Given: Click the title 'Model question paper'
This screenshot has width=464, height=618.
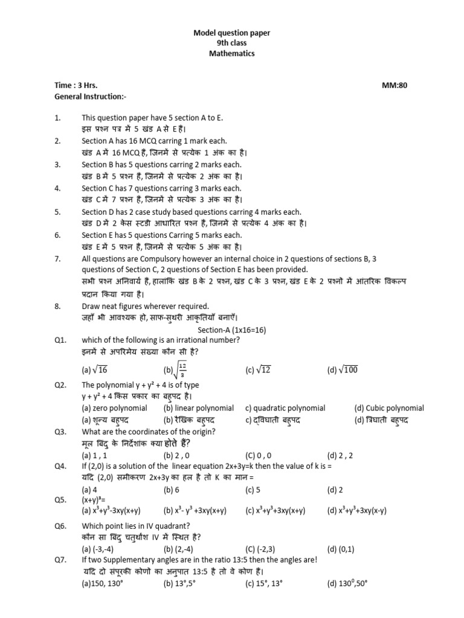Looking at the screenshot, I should [232, 33].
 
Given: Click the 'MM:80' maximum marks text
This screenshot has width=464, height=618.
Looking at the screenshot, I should [395, 86].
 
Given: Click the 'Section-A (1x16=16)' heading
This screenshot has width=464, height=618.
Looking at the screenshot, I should [232, 330].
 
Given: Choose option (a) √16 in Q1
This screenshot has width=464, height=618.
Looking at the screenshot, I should [94, 370].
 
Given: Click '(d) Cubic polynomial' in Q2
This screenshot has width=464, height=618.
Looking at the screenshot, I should [389, 408].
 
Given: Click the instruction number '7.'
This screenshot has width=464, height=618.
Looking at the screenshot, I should [57, 258].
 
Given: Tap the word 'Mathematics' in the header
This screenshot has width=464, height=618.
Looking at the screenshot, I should [232, 54].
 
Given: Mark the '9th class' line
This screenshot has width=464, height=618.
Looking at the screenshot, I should [232, 43].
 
